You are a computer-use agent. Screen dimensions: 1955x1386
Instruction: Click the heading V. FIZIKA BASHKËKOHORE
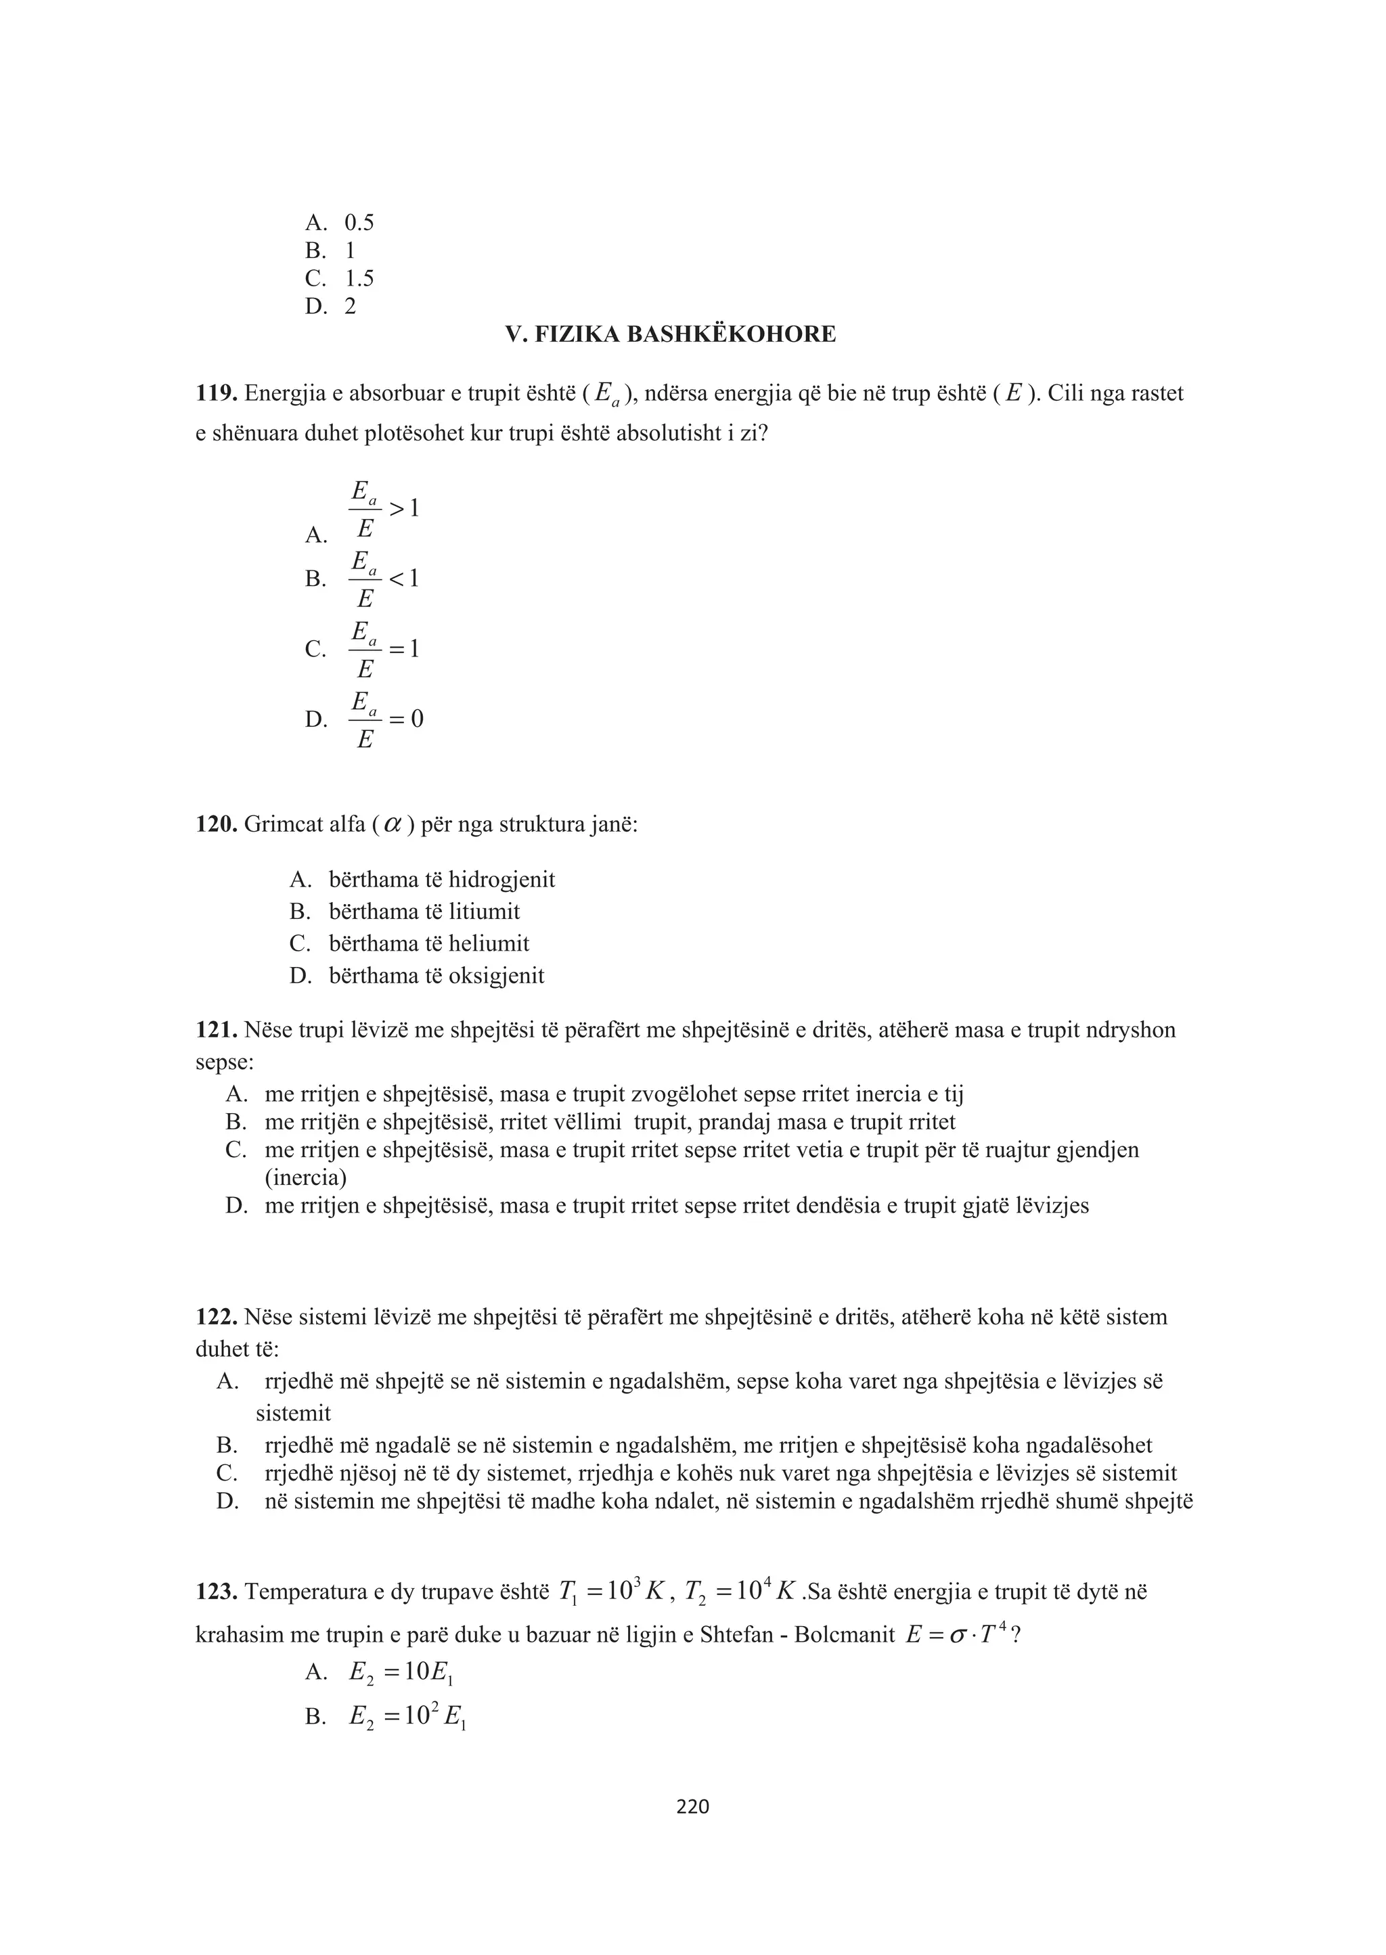[670, 334]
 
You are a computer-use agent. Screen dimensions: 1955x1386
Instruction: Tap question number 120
[215, 824]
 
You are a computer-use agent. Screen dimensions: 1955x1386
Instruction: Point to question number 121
[215, 1030]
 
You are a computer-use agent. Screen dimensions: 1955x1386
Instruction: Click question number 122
[215, 1317]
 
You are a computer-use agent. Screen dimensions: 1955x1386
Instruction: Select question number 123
[215, 1592]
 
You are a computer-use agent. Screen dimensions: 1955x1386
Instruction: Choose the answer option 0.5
[359, 223]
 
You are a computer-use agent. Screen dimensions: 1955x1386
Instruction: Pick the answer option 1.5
[359, 278]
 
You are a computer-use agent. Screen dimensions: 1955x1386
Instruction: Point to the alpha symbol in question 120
[393, 825]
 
